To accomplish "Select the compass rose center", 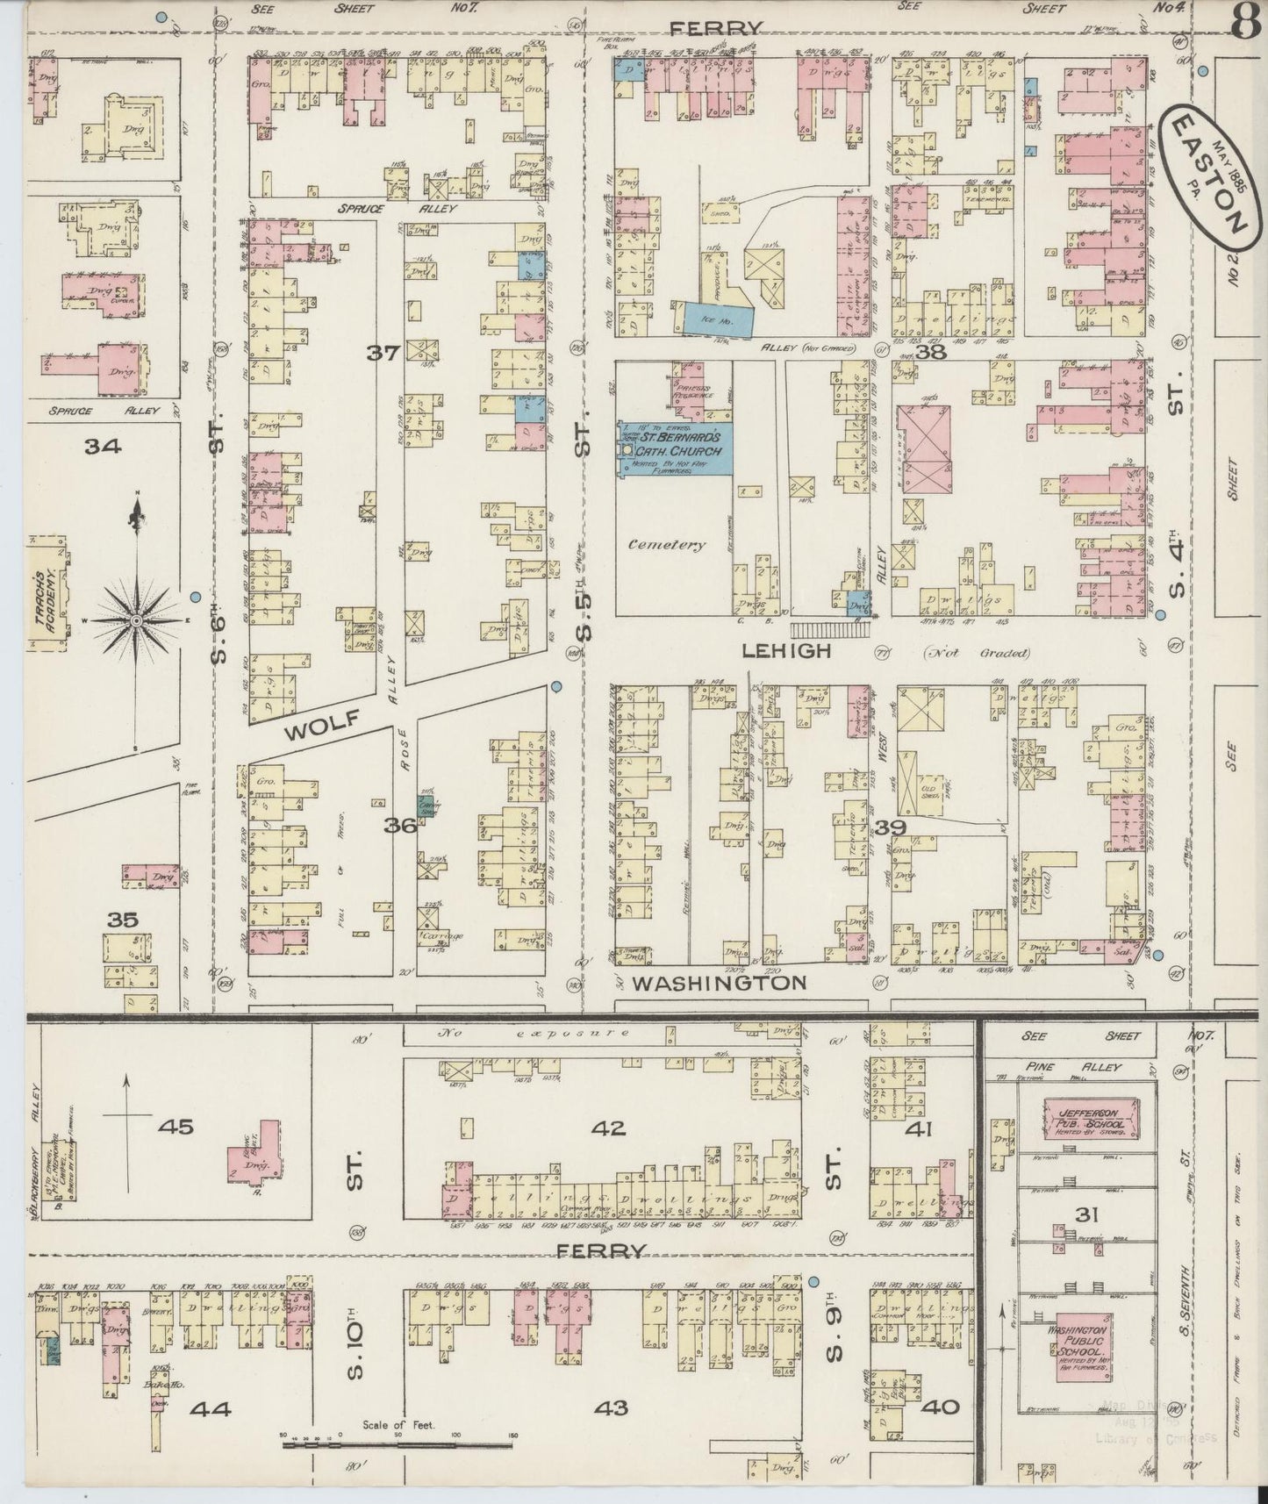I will [x=137, y=620].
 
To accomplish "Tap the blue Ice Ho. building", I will [x=715, y=319].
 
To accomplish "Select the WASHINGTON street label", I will [x=719, y=983].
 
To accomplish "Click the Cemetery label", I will [x=666, y=544].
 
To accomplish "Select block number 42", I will [x=608, y=1128].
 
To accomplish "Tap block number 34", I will [x=103, y=447].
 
